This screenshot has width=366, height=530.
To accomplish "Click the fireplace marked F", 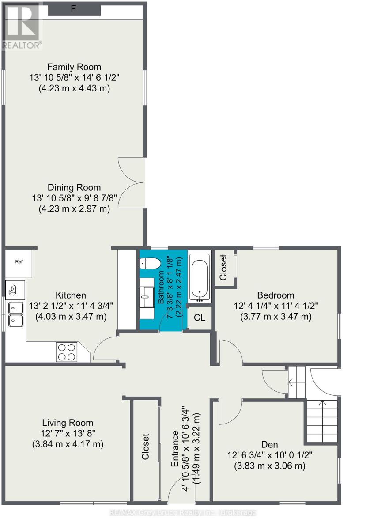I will pos(74,9).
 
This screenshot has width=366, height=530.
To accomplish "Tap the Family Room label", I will pos(74,67).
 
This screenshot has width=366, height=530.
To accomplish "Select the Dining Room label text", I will pos(74,187).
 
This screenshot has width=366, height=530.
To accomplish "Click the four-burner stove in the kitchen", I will pos(66,352).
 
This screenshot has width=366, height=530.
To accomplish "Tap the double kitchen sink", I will pos(16,313).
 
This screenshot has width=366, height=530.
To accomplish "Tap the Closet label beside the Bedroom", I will pos(223,267).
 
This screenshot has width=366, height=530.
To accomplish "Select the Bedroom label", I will pos(275,295).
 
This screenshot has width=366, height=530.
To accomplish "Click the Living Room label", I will pos(68,423).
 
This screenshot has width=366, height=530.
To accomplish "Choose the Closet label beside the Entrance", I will pos(146,447).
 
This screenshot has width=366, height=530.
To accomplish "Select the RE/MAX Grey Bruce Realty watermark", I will pos(183,513).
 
